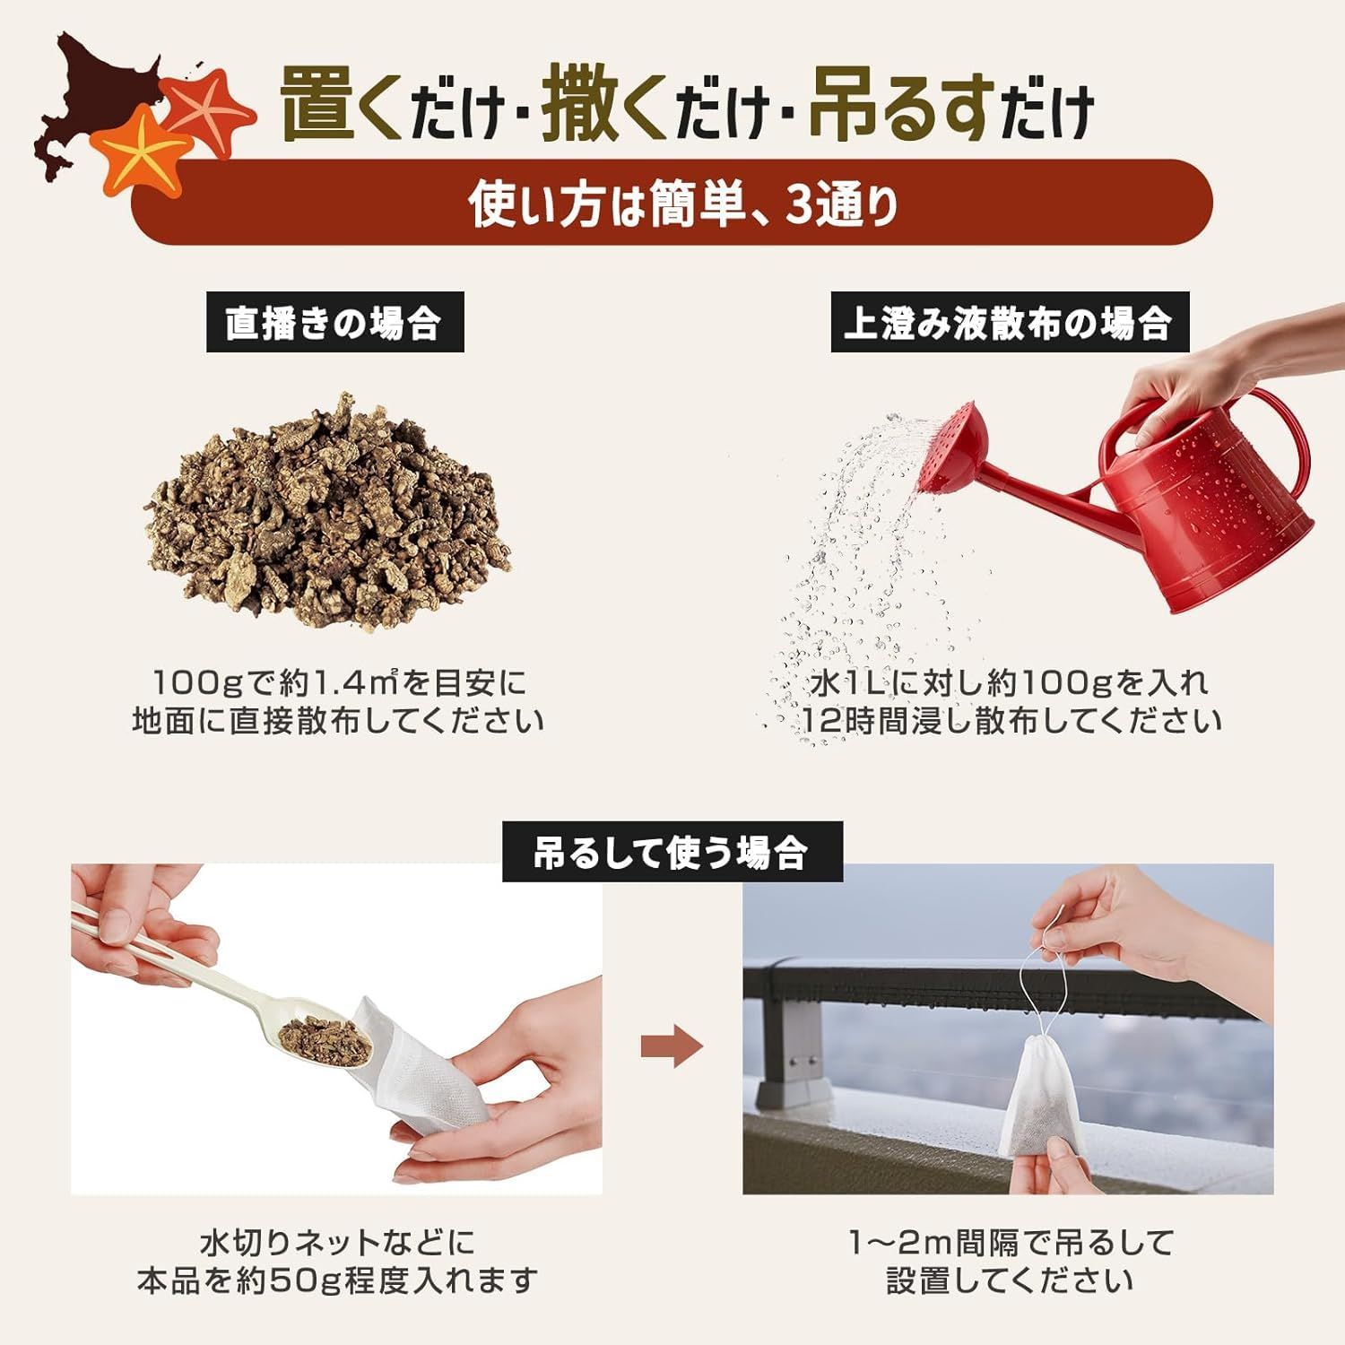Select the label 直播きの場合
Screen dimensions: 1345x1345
[334, 322]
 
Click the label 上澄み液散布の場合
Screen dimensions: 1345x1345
[1009, 322]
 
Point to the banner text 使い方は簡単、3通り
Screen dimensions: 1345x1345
[684, 204]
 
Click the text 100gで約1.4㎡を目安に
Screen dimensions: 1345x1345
[341, 683]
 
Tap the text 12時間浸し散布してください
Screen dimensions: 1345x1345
[1011, 721]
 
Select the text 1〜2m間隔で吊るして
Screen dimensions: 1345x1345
[1011, 1243]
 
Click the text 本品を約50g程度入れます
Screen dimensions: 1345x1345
[337, 1280]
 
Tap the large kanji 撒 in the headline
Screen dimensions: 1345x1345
[582, 107]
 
